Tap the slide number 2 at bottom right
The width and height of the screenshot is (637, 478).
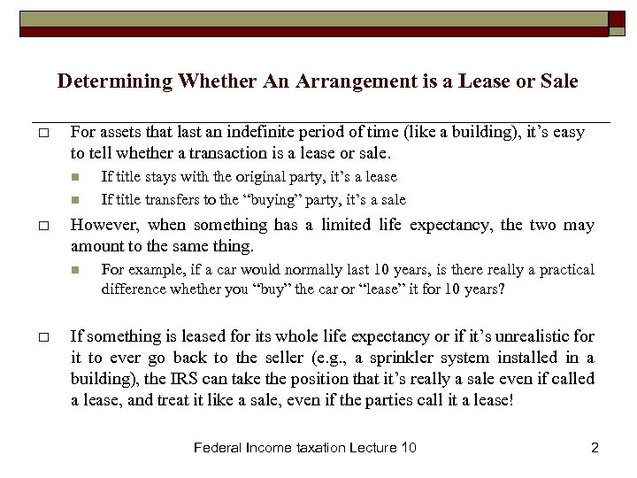(x=595, y=448)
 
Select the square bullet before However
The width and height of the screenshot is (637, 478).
(x=42, y=226)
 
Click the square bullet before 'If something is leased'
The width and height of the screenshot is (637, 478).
(x=42, y=337)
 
